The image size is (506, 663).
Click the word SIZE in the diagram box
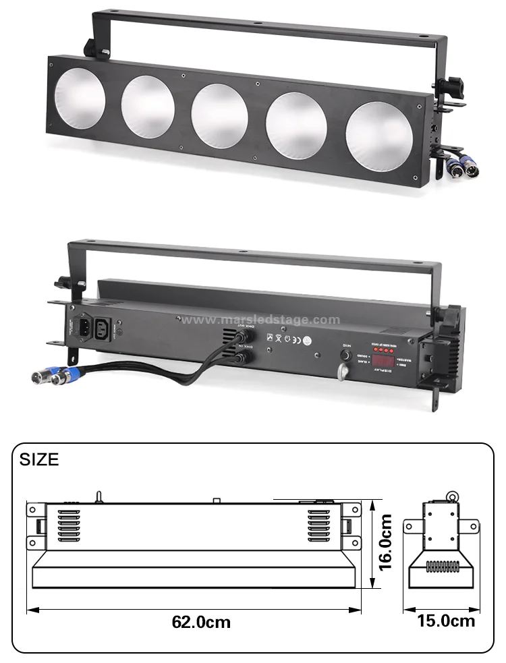pyautogui.click(x=38, y=461)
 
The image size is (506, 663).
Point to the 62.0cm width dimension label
pyautogui.click(x=200, y=621)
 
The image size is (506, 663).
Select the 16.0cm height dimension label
pyautogui.click(x=385, y=542)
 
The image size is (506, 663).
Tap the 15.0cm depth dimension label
pyautogui.click(x=446, y=621)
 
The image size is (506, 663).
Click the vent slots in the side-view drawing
pyautogui.click(x=441, y=567)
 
